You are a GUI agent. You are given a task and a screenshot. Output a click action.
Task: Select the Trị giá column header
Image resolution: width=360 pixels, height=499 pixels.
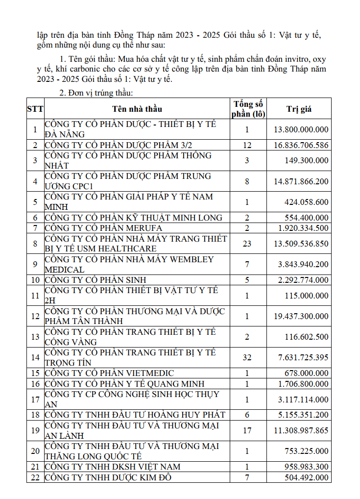[x=299, y=109]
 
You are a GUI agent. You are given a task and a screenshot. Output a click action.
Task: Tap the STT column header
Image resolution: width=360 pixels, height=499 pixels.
[x=35, y=109]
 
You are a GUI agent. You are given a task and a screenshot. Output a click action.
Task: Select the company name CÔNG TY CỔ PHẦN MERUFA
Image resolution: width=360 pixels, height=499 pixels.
[x=103, y=228]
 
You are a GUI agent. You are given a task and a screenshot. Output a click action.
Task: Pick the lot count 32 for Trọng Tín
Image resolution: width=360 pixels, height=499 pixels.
[x=247, y=357]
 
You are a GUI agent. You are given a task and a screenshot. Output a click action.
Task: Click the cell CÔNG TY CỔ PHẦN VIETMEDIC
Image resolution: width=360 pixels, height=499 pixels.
[x=109, y=374]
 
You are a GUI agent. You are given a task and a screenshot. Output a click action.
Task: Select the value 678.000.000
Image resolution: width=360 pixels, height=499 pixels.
[x=308, y=374]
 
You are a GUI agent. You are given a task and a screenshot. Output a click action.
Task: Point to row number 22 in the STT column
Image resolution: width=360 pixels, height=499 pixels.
[x=35, y=477]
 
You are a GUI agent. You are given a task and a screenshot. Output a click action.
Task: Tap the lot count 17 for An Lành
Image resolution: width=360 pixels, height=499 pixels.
[x=247, y=430]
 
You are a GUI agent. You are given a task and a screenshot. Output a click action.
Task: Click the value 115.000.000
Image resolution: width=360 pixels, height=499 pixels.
[x=308, y=296]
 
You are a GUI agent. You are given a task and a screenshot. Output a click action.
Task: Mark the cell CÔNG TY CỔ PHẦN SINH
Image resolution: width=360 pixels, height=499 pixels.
[x=96, y=280]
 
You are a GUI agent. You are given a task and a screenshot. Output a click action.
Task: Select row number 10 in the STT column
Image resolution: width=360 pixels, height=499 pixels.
[x=35, y=280]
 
